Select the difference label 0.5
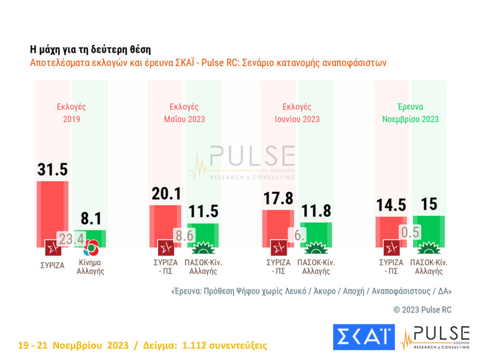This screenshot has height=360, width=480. coord(410,232)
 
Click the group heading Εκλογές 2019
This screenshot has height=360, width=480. coord(71,113)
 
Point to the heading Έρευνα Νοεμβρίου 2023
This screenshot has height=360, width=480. coord(410,113)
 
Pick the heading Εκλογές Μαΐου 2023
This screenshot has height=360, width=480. coord(184,113)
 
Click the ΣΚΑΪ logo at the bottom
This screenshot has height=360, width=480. coord(363,337)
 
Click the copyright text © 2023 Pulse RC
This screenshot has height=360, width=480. coord(422,309)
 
